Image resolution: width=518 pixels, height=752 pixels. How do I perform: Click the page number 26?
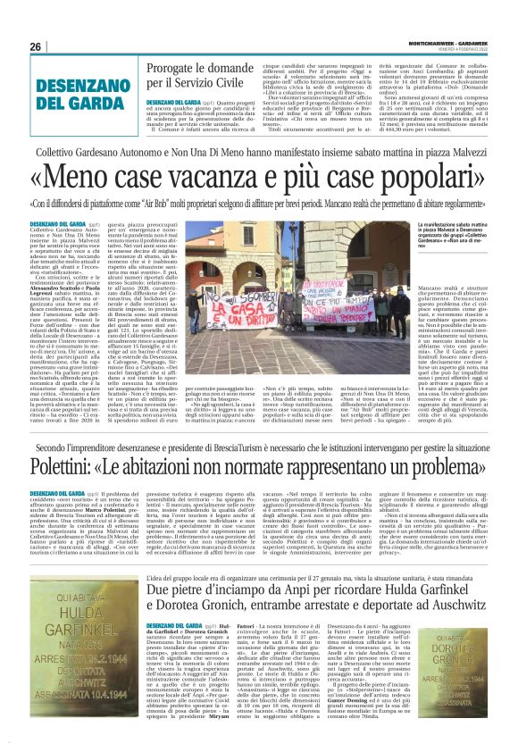[x=35, y=46]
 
